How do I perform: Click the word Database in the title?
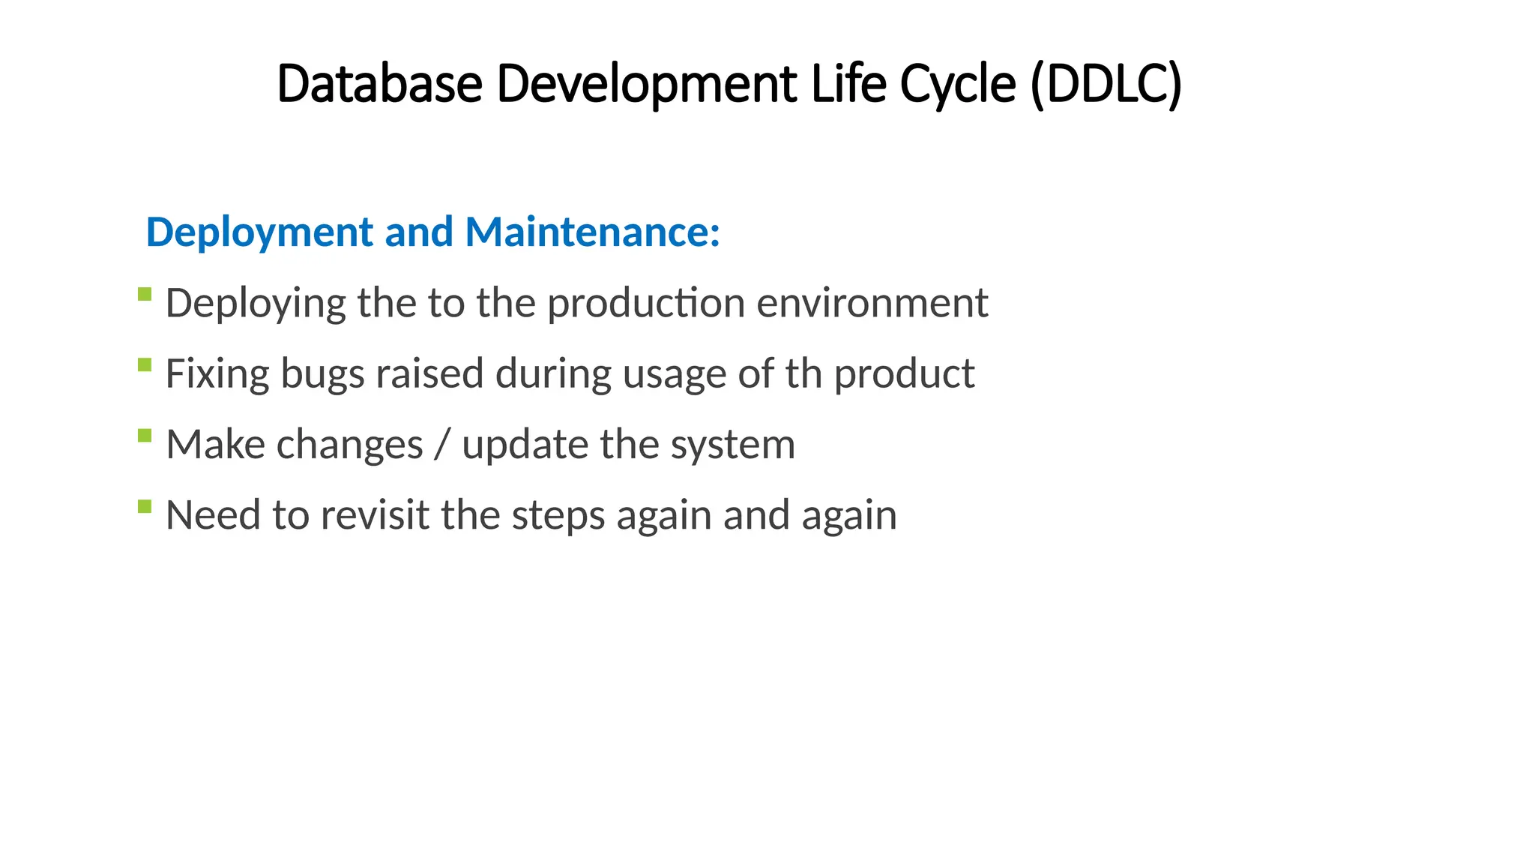click(379, 83)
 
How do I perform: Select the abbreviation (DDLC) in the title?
click(1106, 83)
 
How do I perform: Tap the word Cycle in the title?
click(957, 83)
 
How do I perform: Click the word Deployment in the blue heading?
click(259, 232)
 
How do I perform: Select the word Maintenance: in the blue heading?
click(592, 232)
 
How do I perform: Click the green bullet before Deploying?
click(145, 294)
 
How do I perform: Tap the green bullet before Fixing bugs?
click(145, 365)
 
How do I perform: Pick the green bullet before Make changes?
click(145, 436)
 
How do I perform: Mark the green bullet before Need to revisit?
click(145, 507)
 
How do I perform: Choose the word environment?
click(872, 304)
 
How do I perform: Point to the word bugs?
click(322, 374)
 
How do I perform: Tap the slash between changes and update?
click(442, 445)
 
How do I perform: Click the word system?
click(732, 445)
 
